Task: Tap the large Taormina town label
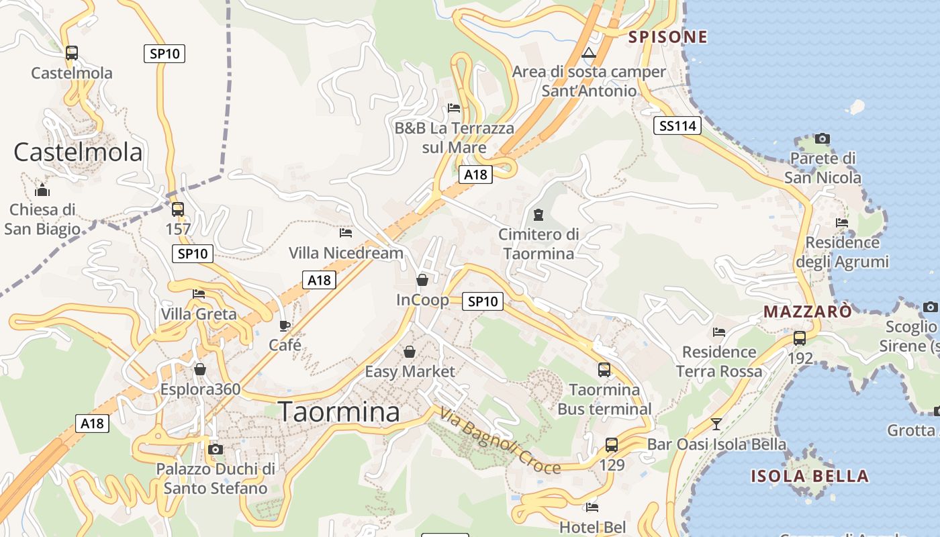[339, 411]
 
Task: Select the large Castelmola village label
[78, 152]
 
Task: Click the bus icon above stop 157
[177, 209]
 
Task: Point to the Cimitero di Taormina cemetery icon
[537, 215]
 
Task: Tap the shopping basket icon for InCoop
[422, 280]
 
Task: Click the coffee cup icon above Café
[285, 326]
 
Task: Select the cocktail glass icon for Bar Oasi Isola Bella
[716, 424]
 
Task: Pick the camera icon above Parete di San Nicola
[822, 139]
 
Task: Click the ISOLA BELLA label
[810, 477]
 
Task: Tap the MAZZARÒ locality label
[808, 311]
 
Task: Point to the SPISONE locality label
[668, 37]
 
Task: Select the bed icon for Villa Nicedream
[346, 233]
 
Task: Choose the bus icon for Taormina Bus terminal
[604, 369]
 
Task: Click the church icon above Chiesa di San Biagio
[42, 190]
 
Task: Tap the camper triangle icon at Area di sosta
[589, 53]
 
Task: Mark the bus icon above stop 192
[800, 338]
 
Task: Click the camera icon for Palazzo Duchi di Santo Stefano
[216, 449]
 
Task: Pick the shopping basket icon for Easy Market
[409, 352]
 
